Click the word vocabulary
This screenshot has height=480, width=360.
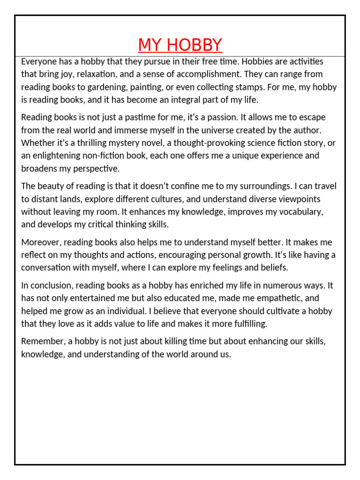tap(300, 211)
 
